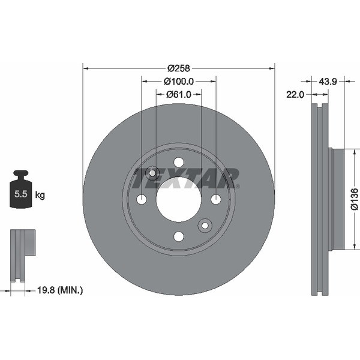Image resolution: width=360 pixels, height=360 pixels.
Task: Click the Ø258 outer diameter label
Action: pos(179,68)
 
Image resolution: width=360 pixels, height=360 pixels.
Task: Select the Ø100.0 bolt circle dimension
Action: pos(179,81)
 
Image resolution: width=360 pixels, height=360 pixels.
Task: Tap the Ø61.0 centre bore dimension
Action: pos(179,94)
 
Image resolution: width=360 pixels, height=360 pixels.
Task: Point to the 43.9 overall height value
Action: pos(328,81)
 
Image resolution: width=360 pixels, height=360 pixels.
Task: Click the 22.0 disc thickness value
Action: pos(295,94)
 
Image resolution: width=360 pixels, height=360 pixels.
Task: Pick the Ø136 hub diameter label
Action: pos(355,199)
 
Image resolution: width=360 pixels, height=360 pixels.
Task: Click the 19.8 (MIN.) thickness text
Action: pos(60,290)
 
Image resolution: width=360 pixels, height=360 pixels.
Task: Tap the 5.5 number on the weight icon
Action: pos(21,194)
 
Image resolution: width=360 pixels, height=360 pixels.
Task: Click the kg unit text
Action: pos(40,195)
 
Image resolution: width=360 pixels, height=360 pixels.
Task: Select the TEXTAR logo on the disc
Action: pos(186,178)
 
